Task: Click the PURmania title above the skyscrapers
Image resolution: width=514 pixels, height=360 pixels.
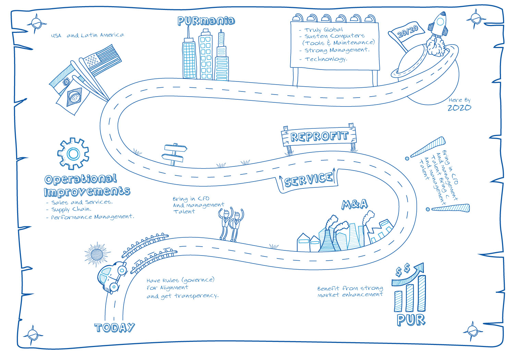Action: pyautogui.click(x=206, y=21)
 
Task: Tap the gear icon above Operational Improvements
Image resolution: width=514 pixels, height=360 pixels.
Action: pyautogui.click(x=73, y=154)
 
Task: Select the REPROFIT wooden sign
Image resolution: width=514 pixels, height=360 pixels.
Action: pyautogui.click(x=319, y=136)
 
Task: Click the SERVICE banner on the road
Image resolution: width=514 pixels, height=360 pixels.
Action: pyautogui.click(x=308, y=179)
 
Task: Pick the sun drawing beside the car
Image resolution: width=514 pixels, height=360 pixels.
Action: pyautogui.click(x=97, y=254)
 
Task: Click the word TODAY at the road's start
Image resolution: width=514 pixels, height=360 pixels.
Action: pyautogui.click(x=114, y=328)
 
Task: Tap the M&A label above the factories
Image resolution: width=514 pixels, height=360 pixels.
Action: pyautogui.click(x=355, y=204)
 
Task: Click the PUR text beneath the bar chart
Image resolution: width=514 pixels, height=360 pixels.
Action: pyautogui.click(x=411, y=320)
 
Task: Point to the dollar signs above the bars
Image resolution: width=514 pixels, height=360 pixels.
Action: pyautogui.click(x=403, y=270)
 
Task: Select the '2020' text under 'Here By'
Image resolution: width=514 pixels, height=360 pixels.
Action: pyautogui.click(x=459, y=108)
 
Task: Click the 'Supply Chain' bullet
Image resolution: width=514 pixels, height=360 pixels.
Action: pyautogui.click(x=71, y=209)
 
